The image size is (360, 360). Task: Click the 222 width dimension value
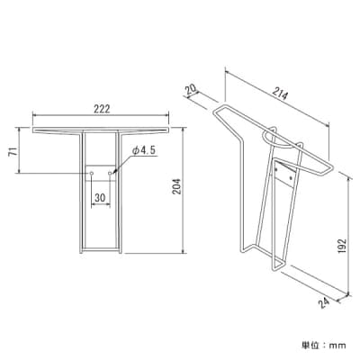[x=101, y=109]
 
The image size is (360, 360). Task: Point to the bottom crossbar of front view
[x=101, y=251]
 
